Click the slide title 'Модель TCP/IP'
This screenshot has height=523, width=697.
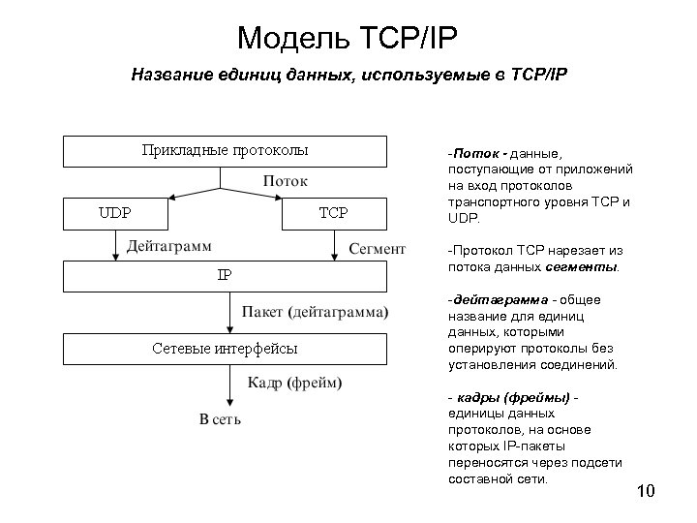pyautogui.click(x=346, y=38)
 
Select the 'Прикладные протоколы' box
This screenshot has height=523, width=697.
pyautogui.click(x=225, y=151)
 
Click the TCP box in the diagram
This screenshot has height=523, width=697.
pyautogui.click(x=333, y=213)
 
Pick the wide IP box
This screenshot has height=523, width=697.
pyautogui.click(x=225, y=276)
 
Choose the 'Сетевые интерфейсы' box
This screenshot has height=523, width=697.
pyautogui.click(x=225, y=349)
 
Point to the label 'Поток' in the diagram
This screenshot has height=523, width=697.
pyautogui.click(x=285, y=181)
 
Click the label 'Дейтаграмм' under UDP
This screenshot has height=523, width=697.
pyautogui.click(x=171, y=247)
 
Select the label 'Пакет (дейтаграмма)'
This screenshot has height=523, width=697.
pyautogui.click(x=316, y=313)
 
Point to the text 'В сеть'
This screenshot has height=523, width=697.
pyautogui.click(x=220, y=419)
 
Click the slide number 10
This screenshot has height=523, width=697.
pyautogui.click(x=646, y=494)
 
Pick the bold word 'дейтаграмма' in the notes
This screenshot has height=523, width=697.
pyautogui.click(x=491, y=299)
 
